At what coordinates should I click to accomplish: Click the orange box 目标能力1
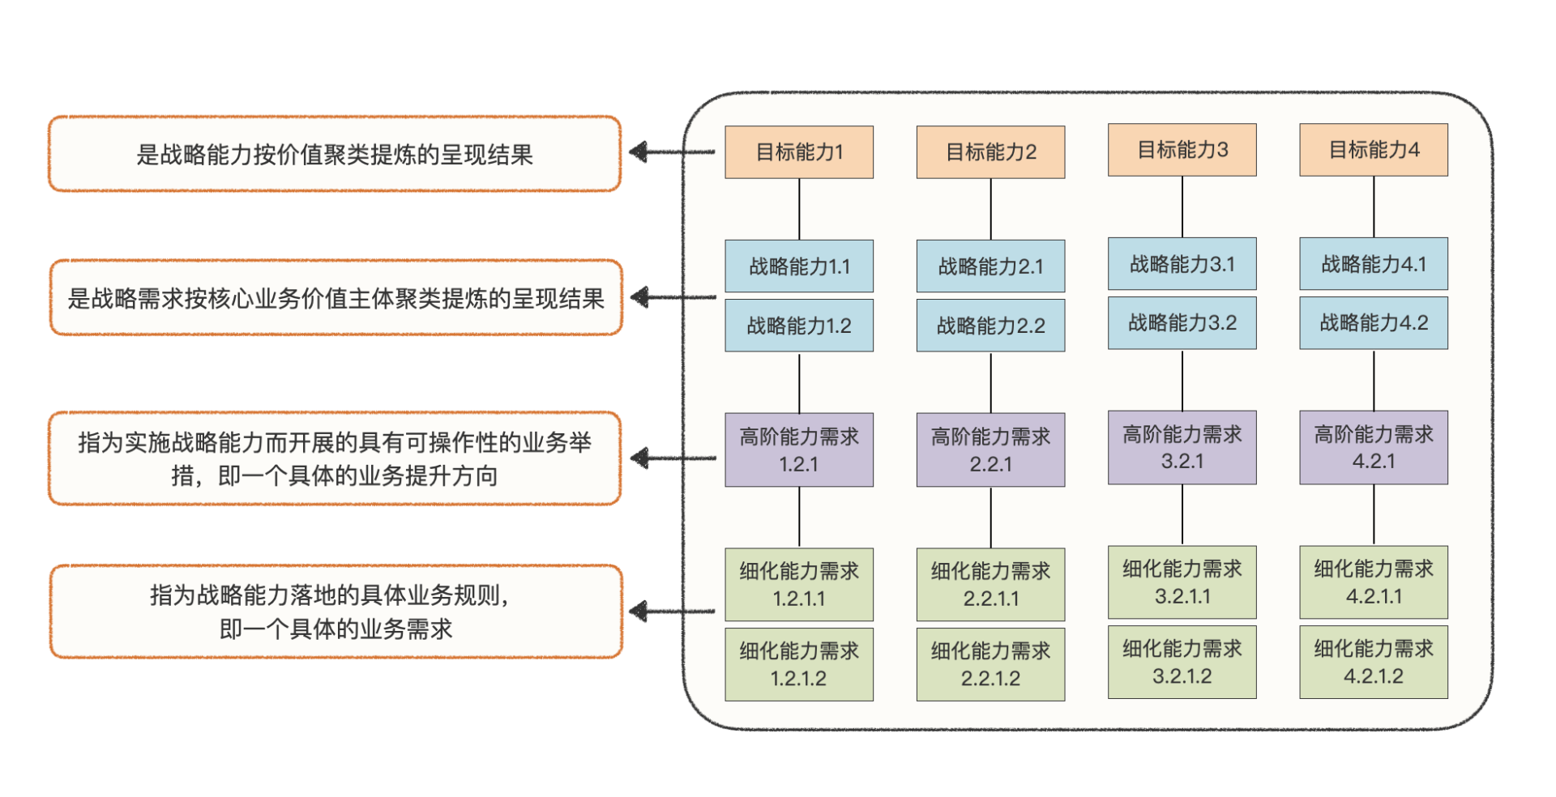click(x=798, y=152)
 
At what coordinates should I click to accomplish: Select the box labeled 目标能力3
click(x=1182, y=150)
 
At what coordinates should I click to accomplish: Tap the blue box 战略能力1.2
click(x=798, y=326)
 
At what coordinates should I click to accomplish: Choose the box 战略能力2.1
click(x=990, y=266)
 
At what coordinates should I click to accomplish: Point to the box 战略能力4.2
click(x=1373, y=323)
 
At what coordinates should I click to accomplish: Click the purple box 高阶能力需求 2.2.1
click(x=990, y=450)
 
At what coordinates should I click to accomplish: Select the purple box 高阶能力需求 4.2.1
click(x=1373, y=447)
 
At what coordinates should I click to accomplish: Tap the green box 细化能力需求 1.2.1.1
click(x=798, y=584)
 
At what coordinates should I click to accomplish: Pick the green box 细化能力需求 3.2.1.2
click(x=1182, y=662)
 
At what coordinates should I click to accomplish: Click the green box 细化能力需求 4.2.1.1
click(x=1373, y=582)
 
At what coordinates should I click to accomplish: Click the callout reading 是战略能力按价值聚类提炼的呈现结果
click(x=334, y=154)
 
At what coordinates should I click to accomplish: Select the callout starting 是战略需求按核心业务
click(x=336, y=298)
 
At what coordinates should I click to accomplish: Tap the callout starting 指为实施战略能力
click(x=334, y=458)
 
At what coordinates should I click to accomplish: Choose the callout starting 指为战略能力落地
click(x=336, y=612)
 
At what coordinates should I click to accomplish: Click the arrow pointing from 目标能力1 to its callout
click(x=672, y=151)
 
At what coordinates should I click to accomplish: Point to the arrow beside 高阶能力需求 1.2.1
click(x=673, y=458)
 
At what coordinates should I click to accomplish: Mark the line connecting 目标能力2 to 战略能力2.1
click(x=990, y=209)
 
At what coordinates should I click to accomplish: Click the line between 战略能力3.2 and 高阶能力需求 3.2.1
click(x=1182, y=380)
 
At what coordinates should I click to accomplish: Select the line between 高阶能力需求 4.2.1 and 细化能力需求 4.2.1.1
click(x=1373, y=514)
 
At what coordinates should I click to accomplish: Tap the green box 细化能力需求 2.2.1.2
click(x=990, y=664)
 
